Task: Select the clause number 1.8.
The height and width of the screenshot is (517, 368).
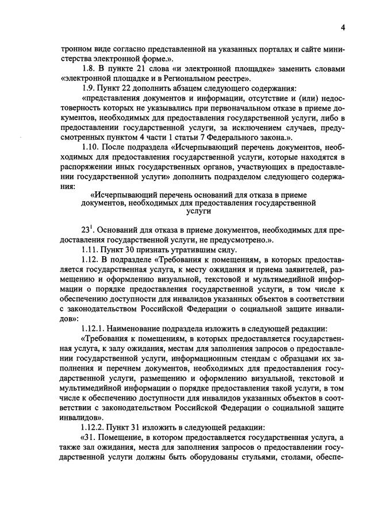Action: pyautogui.click(x=91, y=69)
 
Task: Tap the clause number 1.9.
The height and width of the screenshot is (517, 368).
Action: pyautogui.click(x=91, y=88)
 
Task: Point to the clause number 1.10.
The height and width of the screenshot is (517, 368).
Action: pyautogui.click(x=93, y=148)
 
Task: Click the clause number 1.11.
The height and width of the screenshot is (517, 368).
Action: pyautogui.click(x=93, y=250)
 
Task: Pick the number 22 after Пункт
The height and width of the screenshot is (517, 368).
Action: pyautogui.click(x=128, y=88)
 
